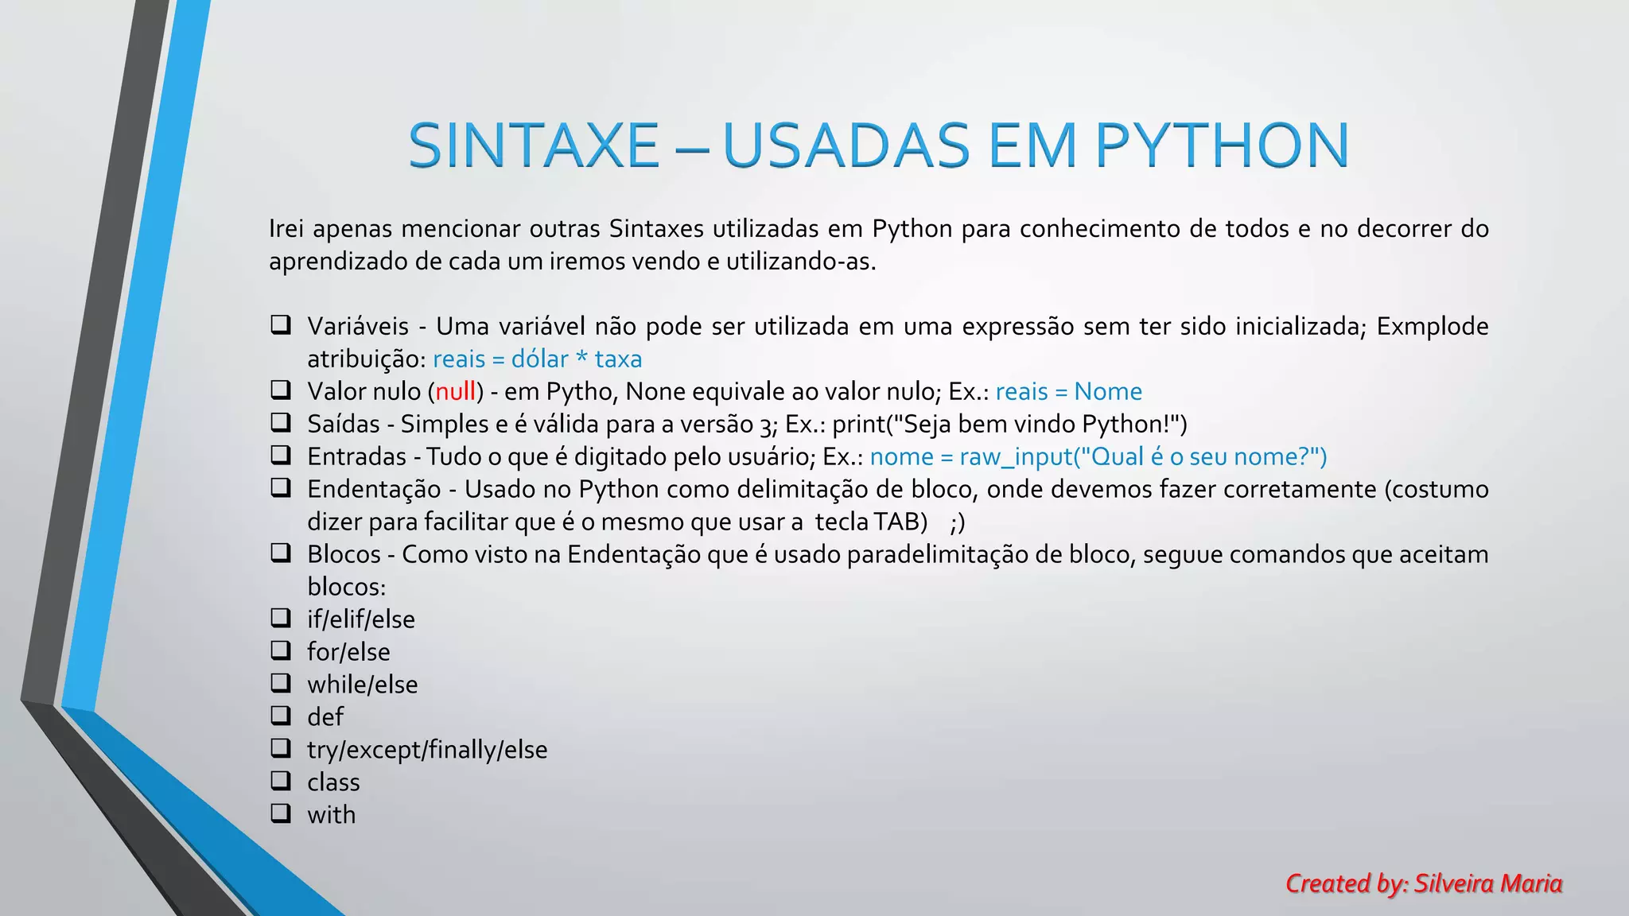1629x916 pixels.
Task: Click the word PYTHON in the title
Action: (x=1222, y=146)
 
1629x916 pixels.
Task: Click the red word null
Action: (x=455, y=391)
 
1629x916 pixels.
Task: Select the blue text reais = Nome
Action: (x=1068, y=391)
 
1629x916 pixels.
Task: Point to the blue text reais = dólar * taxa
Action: (x=537, y=359)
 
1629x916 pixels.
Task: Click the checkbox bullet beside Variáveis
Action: (x=280, y=325)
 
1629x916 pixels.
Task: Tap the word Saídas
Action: (x=344, y=424)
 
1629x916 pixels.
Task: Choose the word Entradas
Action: (x=357, y=456)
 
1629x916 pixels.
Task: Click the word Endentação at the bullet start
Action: (x=374, y=489)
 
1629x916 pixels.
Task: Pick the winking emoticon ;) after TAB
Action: (x=957, y=522)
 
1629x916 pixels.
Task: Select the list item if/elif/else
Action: (x=361, y=619)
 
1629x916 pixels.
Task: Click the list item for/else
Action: (x=348, y=652)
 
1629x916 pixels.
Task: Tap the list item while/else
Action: (x=362, y=685)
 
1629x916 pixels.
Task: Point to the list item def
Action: (x=325, y=717)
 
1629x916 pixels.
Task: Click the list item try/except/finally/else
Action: (x=427, y=750)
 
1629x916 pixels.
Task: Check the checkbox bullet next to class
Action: (x=280, y=781)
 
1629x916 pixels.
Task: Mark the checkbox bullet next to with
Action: (x=280, y=813)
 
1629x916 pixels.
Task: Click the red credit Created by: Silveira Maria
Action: (x=1424, y=883)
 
